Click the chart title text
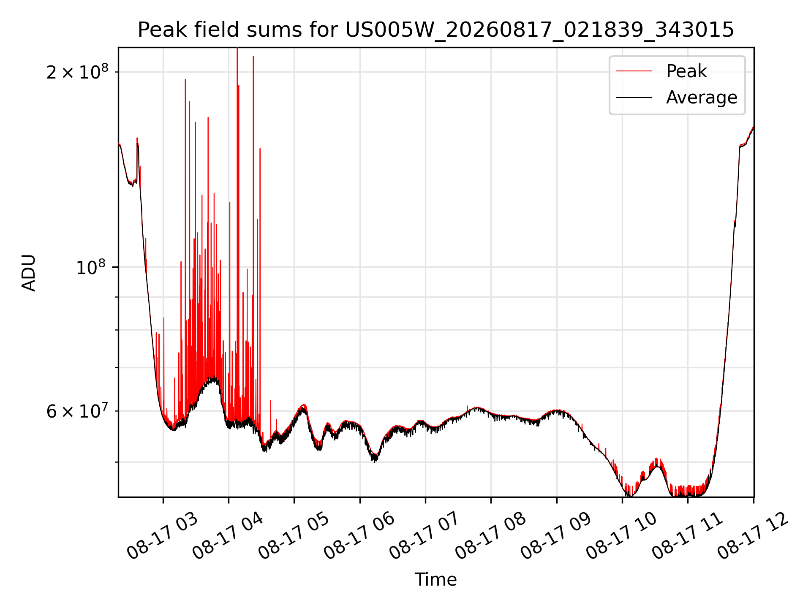(x=436, y=30)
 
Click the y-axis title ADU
(x=29, y=273)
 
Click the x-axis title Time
(x=435, y=579)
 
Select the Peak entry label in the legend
(x=686, y=71)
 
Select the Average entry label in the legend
(x=702, y=98)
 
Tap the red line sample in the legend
(x=634, y=71)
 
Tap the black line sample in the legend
(x=634, y=98)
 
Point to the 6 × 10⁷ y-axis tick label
(x=77, y=411)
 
